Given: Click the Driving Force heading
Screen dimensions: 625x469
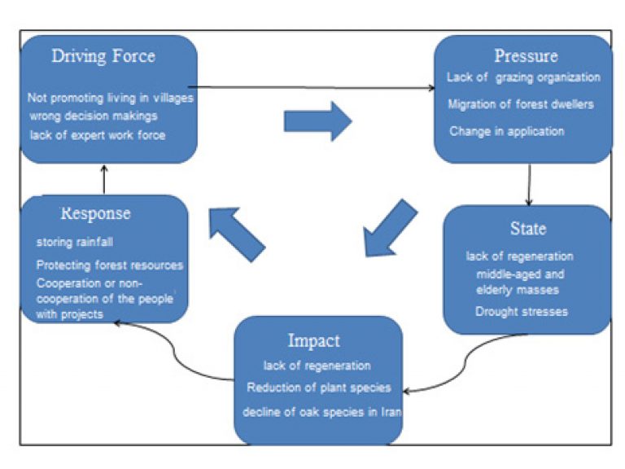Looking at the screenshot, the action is pyautogui.click(x=103, y=56).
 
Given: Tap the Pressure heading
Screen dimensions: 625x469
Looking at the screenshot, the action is pyautogui.click(x=527, y=56).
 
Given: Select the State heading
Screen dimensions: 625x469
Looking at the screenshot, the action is pyautogui.click(x=528, y=229).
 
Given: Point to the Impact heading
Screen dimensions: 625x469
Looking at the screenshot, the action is pyautogui.click(x=314, y=341).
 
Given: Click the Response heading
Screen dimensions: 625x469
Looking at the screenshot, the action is pyautogui.click(x=96, y=213).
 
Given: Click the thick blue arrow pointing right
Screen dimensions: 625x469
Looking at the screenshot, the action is pyautogui.click(x=317, y=121).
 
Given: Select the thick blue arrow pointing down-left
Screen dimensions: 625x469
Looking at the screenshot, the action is pyautogui.click(x=390, y=229).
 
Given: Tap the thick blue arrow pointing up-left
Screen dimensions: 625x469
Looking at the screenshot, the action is pyautogui.click(x=236, y=234).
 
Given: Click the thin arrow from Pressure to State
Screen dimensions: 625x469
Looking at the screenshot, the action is pyautogui.click(x=529, y=184).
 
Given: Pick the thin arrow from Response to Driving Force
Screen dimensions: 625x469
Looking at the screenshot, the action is pyautogui.click(x=104, y=179).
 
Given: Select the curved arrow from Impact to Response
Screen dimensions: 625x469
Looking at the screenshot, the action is pyautogui.click(x=175, y=351).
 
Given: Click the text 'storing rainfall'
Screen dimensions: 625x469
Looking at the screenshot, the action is pyautogui.click(x=75, y=242).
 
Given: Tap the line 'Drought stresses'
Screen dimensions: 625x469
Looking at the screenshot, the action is pyautogui.click(x=522, y=312).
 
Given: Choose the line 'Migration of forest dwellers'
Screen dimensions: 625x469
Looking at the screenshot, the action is pyautogui.click(x=521, y=104).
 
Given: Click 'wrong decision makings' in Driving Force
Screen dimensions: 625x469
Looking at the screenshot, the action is pyautogui.click(x=94, y=116).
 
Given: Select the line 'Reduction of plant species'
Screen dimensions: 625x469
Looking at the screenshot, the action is pyautogui.click(x=319, y=388).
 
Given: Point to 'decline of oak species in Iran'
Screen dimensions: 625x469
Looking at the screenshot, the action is pyautogui.click(x=322, y=412).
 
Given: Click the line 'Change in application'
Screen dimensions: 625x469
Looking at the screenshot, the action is pyautogui.click(x=507, y=132).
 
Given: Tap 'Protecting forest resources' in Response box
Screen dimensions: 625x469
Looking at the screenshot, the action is pyautogui.click(x=110, y=265).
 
